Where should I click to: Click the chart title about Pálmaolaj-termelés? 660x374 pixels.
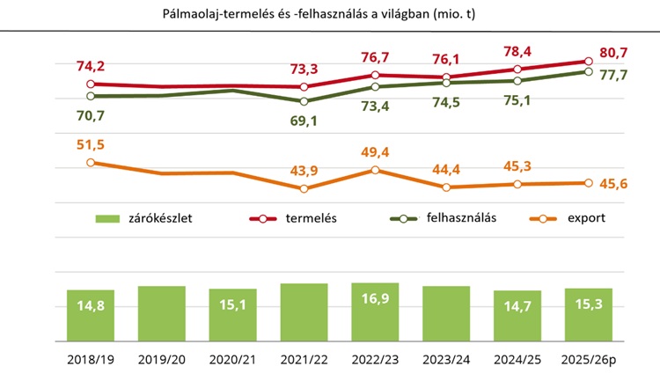pos(330,15)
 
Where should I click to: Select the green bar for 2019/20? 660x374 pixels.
pos(162,312)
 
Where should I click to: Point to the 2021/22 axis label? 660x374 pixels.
pos(304,359)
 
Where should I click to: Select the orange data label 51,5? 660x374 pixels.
pos(91,143)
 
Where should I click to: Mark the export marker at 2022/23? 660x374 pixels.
pos(376,169)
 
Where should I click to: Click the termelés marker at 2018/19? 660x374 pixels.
pos(91,84)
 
